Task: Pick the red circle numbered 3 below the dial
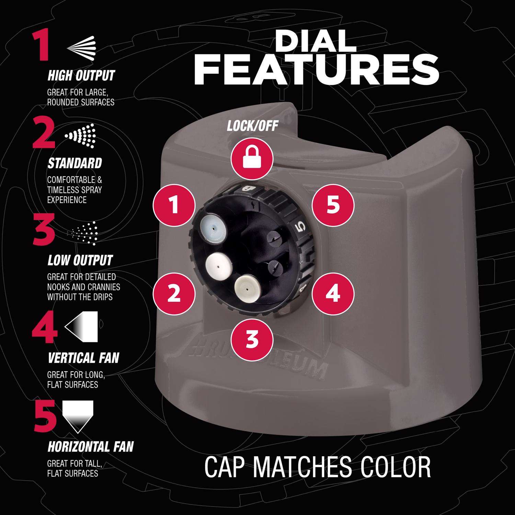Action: pos(252,339)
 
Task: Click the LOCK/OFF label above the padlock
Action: pos(252,126)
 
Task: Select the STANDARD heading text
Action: pos(75,163)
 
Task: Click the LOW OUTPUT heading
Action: pos(80,260)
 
